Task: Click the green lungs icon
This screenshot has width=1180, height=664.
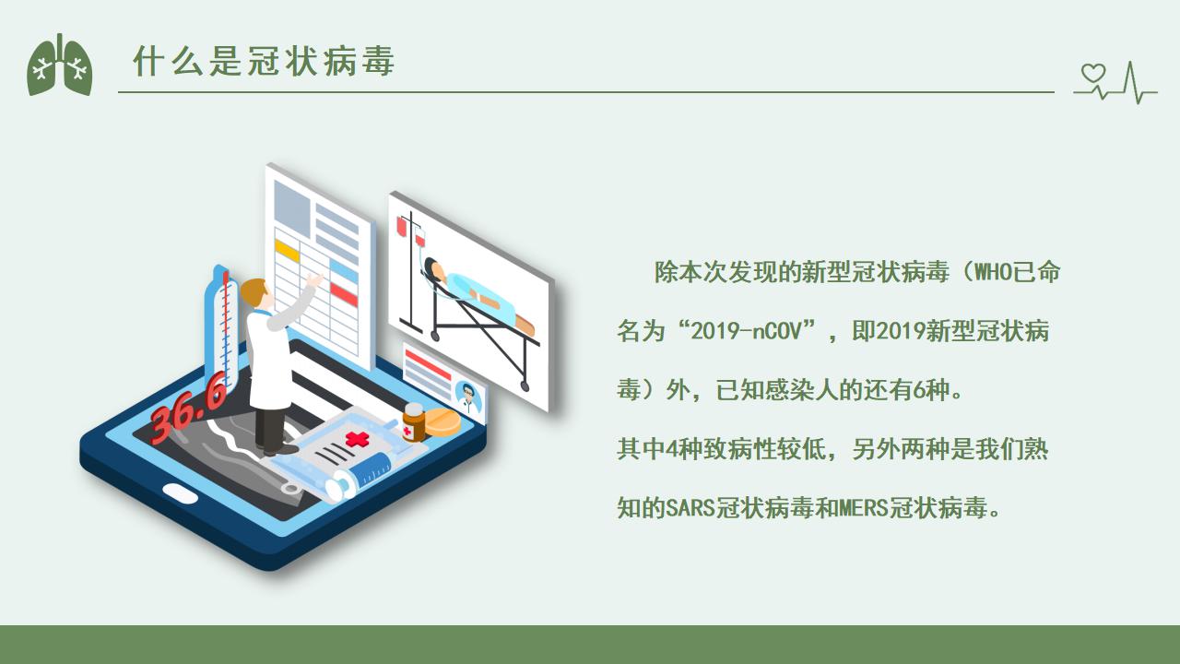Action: click(x=60, y=65)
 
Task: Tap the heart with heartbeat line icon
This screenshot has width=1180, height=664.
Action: click(x=1115, y=83)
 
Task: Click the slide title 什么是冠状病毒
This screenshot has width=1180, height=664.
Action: click(x=264, y=61)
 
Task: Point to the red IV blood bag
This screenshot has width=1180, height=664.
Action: click(x=401, y=226)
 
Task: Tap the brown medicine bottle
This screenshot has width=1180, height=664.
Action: click(x=414, y=422)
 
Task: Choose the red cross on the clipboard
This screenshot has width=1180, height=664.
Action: click(x=357, y=439)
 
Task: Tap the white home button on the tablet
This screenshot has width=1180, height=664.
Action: click(x=180, y=493)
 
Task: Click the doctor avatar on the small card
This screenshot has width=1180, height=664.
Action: click(x=467, y=397)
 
